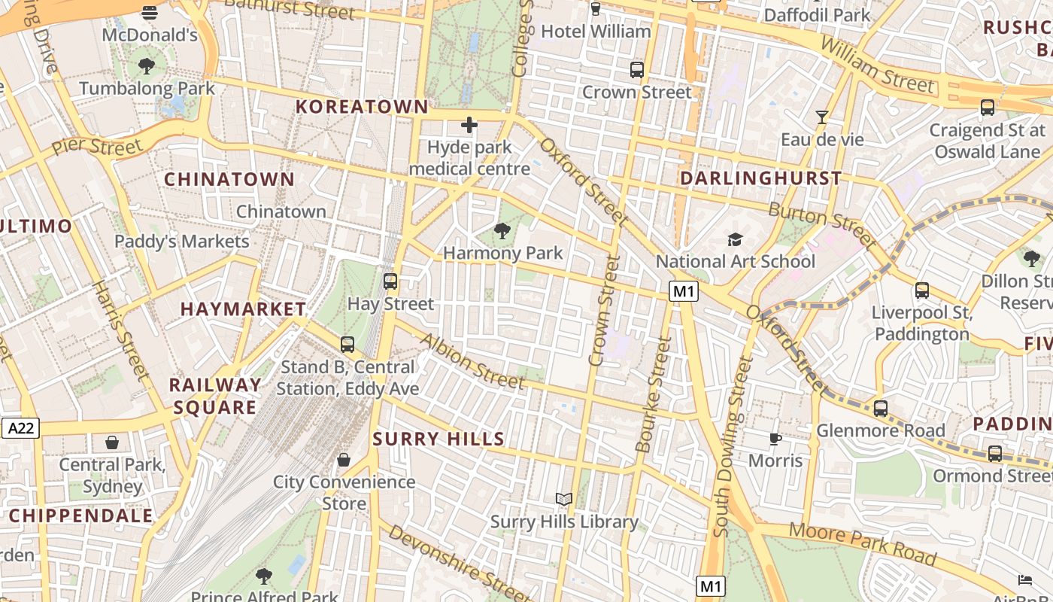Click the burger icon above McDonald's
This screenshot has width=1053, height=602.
pyautogui.click(x=150, y=12)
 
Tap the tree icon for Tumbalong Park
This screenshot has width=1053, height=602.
pyautogui.click(x=147, y=66)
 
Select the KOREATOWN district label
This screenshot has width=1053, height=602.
pyautogui.click(x=362, y=107)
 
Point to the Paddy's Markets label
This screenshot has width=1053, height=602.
pyautogui.click(x=181, y=242)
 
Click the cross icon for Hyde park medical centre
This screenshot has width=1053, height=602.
pyautogui.click(x=469, y=124)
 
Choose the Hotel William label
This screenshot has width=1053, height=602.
pyautogui.click(x=596, y=32)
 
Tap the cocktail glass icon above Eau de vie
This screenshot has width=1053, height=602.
pyautogui.click(x=822, y=117)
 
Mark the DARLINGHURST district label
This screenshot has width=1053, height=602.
pyautogui.click(x=760, y=178)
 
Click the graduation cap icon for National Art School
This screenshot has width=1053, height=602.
pyautogui.click(x=735, y=239)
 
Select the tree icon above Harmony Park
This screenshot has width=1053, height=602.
pyautogui.click(x=502, y=230)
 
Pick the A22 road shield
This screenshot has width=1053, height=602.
pyautogui.click(x=20, y=428)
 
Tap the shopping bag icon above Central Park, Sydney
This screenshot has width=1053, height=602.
pyautogui.click(x=112, y=442)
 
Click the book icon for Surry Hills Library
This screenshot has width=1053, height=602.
pyautogui.click(x=564, y=499)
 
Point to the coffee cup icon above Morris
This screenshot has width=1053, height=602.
pyautogui.click(x=775, y=439)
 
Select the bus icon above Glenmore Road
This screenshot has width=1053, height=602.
pyautogui.click(x=881, y=409)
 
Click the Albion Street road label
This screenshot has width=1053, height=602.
pyautogui.click(x=472, y=362)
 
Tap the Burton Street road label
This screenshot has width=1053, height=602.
pyautogui.click(x=822, y=225)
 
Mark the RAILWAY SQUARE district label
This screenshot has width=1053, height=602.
pyautogui.click(x=214, y=396)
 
